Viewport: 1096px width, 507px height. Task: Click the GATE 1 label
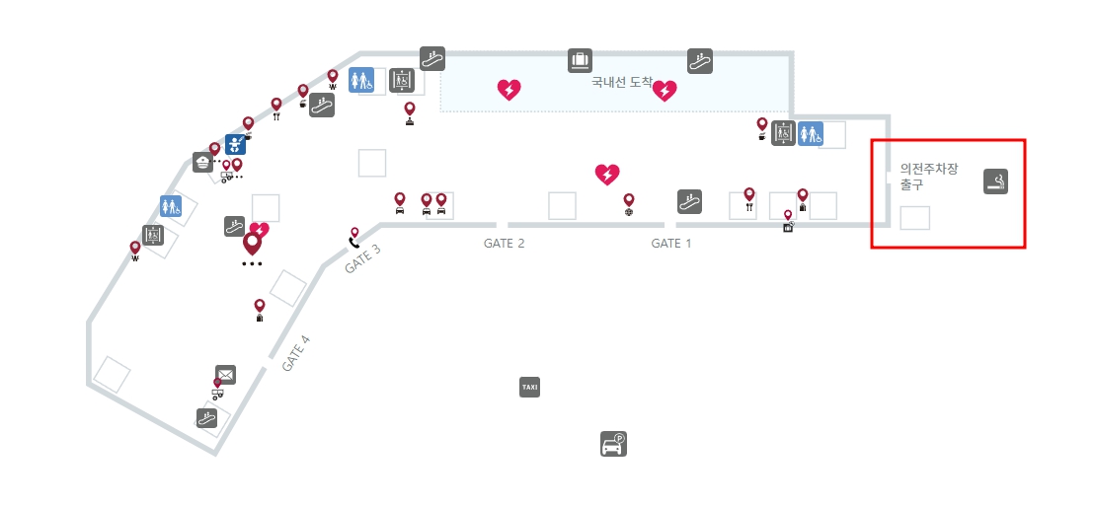(x=670, y=244)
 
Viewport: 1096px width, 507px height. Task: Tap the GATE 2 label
(x=504, y=244)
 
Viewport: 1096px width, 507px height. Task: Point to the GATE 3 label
(x=362, y=258)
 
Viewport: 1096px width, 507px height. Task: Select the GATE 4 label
(x=296, y=353)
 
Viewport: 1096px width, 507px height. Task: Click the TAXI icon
(x=530, y=387)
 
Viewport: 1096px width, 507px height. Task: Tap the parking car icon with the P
(x=614, y=445)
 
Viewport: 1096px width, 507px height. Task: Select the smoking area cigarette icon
(x=996, y=181)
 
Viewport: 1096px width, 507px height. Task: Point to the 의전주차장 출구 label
(x=929, y=177)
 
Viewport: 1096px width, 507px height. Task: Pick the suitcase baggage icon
(x=580, y=61)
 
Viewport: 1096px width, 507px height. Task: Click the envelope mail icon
(x=225, y=375)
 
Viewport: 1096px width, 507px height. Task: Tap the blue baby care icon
(x=235, y=145)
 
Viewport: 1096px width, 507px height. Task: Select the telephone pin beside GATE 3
(x=353, y=237)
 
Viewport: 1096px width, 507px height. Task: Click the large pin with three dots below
(x=253, y=244)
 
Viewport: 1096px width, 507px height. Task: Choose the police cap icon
(x=202, y=163)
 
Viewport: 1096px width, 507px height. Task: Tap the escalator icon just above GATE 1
(x=689, y=202)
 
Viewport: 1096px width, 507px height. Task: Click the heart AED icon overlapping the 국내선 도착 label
(x=665, y=91)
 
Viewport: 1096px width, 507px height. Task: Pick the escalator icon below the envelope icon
(x=206, y=418)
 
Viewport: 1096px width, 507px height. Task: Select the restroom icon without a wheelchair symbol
(x=171, y=206)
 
